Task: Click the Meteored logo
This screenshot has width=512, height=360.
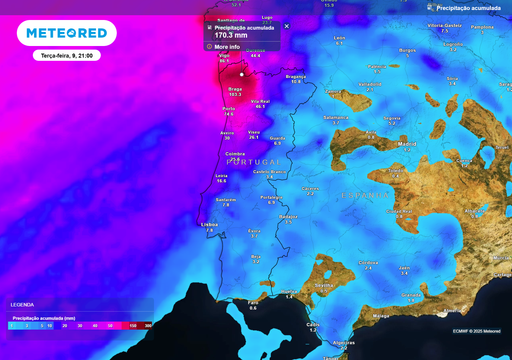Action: tap(66, 33)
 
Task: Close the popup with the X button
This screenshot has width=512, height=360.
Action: tap(287, 26)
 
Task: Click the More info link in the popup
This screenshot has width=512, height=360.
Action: tap(227, 46)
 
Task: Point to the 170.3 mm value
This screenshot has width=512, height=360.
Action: tap(232, 35)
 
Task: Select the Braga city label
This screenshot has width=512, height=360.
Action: tap(236, 89)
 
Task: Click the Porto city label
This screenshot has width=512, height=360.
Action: tap(229, 108)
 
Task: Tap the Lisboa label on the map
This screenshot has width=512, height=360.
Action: tap(210, 224)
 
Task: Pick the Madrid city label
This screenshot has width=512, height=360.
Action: tap(407, 144)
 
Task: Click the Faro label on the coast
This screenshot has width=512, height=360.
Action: tap(252, 302)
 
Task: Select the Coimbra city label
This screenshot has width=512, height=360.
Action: tap(236, 153)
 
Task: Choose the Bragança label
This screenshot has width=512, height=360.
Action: tap(296, 76)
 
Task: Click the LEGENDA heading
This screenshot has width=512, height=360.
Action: tap(22, 304)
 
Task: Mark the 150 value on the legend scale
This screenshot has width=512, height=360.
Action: tap(132, 326)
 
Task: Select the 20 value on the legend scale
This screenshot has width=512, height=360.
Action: tap(64, 326)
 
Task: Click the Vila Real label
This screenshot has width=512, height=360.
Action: tap(260, 101)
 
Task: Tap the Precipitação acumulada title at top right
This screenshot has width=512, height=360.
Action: tap(469, 7)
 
